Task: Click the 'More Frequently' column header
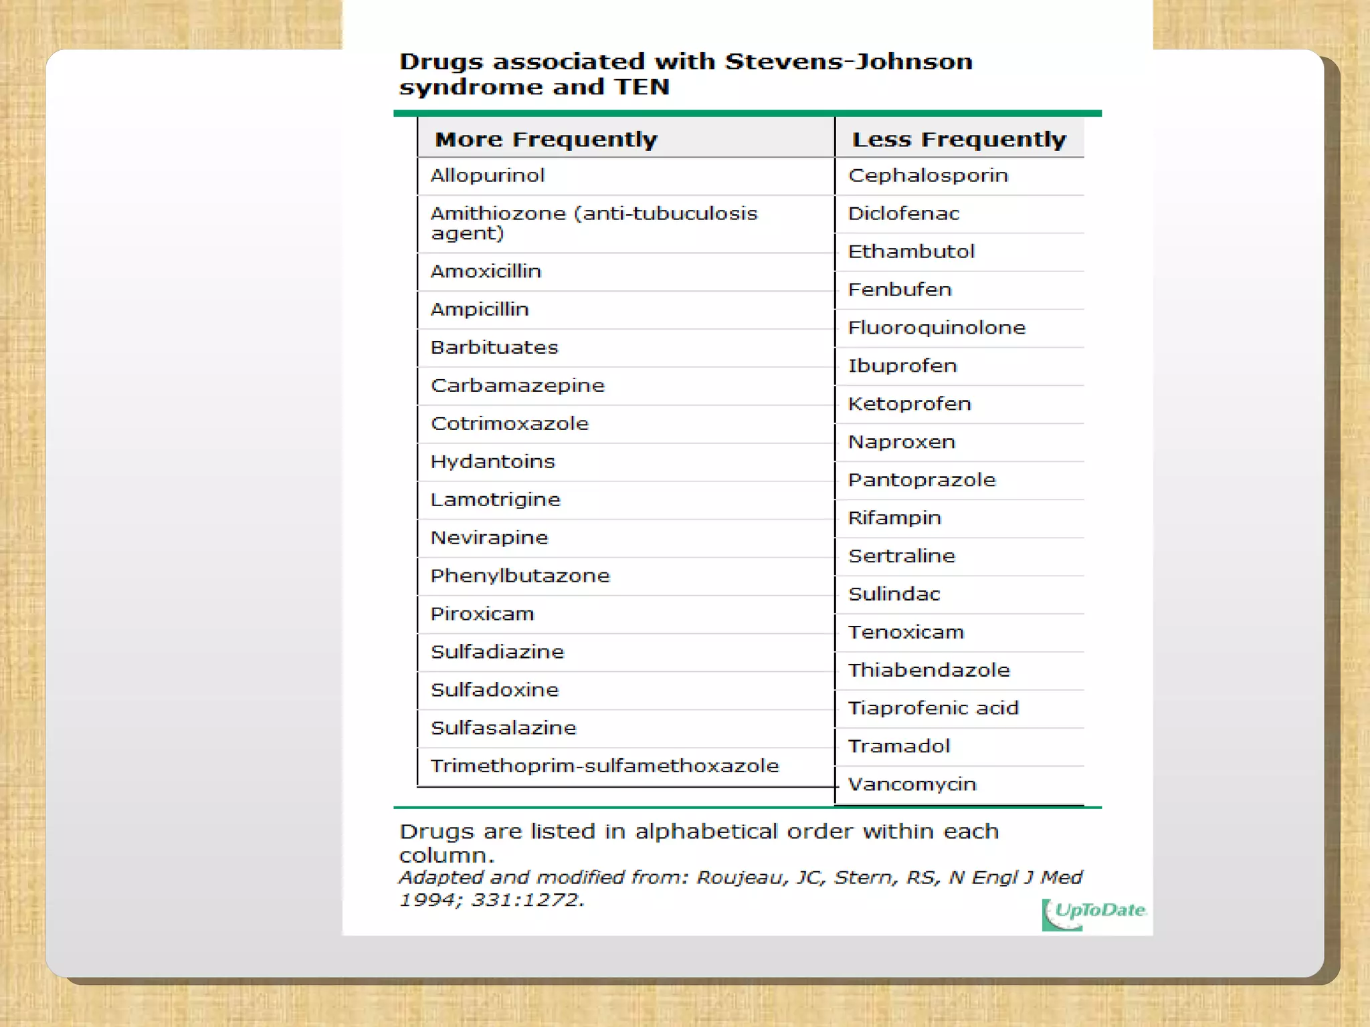[546, 139]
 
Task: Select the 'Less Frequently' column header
[959, 139]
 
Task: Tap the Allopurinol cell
[488, 175]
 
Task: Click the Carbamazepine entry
[517, 385]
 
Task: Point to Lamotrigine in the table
[495, 499]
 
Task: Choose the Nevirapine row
[489, 538]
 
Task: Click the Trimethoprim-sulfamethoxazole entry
[605, 766]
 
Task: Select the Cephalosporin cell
[928, 175]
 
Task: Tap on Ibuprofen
[902, 366]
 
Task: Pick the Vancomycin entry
[912, 784]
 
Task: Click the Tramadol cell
[898, 746]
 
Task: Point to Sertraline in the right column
[901, 556]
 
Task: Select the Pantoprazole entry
[922, 479]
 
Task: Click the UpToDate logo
[1094, 913]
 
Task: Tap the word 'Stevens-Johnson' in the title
[848, 62]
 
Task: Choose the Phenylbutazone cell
[520, 576]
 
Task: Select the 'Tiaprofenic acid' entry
[933, 707]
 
